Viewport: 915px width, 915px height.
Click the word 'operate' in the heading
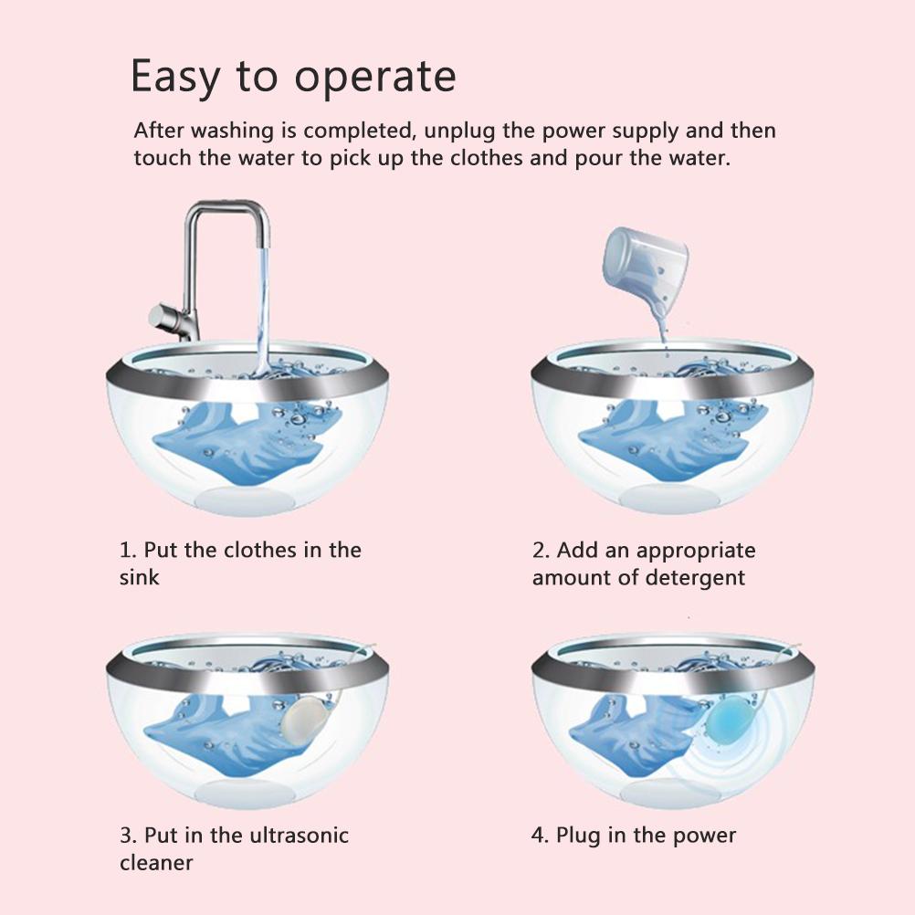click(374, 78)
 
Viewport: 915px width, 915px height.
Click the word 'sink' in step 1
click(139, 578)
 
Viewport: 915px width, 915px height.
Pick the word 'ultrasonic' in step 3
click(299, 835)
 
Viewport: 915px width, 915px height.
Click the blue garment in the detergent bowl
click(672, 441)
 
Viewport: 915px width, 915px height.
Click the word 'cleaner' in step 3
click(156, 862)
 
